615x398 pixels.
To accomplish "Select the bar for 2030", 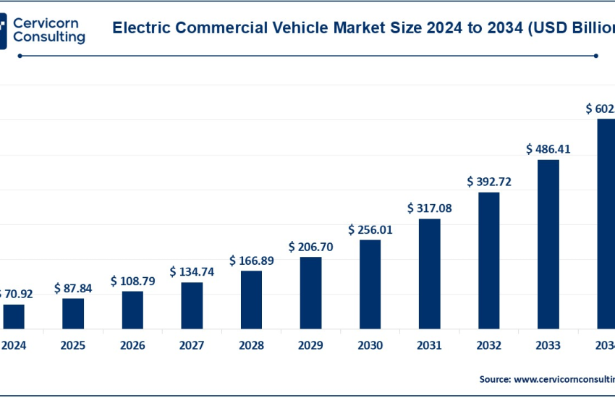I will [x=370, y=285].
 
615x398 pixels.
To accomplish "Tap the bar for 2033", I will [x=548, y=245].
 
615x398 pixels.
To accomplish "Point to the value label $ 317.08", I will [x=430, y=208].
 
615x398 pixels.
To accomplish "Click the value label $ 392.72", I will [x=489, y=182].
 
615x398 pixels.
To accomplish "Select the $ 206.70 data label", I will [x=311, y=247].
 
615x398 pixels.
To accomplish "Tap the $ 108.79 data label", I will [x=132, y=280].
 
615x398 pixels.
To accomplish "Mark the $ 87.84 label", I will [x=73, y=288].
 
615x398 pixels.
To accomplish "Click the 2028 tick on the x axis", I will [x=251, y=346].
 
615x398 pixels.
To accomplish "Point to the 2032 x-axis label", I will [x=489, y=346].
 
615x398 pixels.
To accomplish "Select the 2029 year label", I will [x=310, y=346].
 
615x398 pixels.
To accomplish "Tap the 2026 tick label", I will [x=132, y=346].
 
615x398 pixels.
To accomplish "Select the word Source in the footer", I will [x=495, y=378].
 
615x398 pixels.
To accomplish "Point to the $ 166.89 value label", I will [x=252, y=261].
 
